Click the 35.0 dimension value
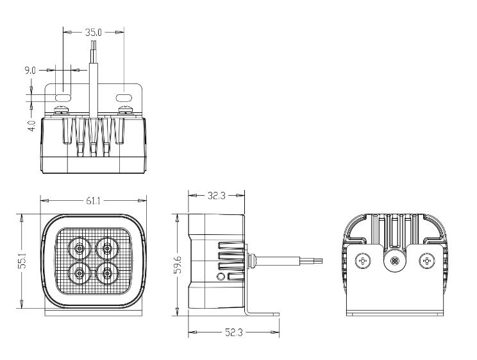(93, 32)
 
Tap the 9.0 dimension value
(30, 71)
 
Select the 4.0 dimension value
(31, 126)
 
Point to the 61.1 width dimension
(93, 201)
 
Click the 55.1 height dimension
(22, 261)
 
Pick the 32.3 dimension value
(216, 196)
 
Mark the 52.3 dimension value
(233, 332)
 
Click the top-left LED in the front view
(79, 248)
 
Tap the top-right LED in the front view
(107, 248)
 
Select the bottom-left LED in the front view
(79, 273)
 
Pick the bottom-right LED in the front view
(107, 273)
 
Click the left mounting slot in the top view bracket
(63, 98)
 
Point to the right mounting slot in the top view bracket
(124, 98)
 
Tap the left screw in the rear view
(363, 261)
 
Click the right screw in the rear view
(427, 261)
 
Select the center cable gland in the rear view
(395, 261)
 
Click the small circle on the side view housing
(221, 277)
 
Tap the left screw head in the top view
(62, 109)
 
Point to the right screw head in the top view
(125, 109)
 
